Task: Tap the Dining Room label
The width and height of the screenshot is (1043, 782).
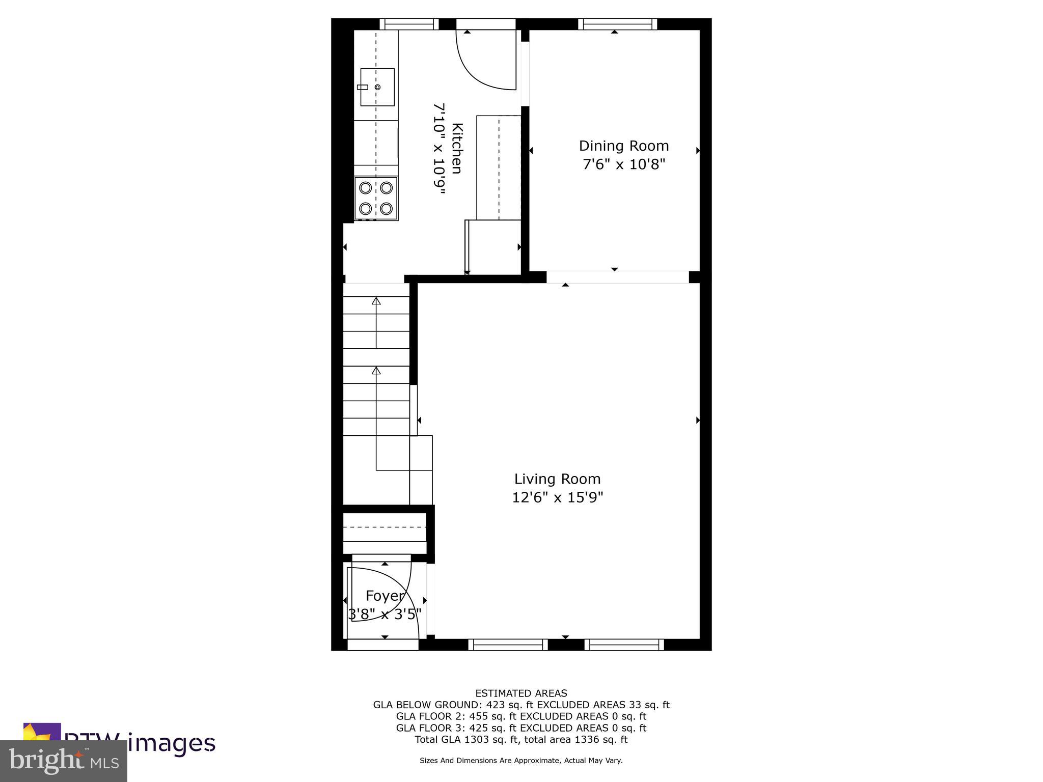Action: coord(623,146)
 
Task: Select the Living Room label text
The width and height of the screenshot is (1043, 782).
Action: coord(557,479)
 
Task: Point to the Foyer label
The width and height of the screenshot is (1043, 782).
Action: coord(385,596)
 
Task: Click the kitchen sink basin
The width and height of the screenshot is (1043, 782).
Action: coord(377,87)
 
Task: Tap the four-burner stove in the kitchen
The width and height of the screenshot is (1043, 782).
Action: coord(376,198)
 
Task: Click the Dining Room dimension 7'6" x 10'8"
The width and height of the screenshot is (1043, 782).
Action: coord(624,164)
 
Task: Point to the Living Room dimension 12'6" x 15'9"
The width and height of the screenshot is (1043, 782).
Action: coord(557,497)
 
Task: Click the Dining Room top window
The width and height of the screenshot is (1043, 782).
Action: coord(617,24)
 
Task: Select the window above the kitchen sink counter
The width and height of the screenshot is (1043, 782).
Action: coord(409,24)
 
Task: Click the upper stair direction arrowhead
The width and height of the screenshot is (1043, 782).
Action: coord(376,301)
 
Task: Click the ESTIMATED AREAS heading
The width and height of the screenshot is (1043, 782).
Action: coord(521,693)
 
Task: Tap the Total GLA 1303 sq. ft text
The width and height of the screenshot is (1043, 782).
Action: coord(466,740)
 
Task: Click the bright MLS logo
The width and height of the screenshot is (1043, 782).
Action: coord(64,761)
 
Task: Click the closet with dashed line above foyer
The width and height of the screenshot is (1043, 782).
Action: coord(385,533)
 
